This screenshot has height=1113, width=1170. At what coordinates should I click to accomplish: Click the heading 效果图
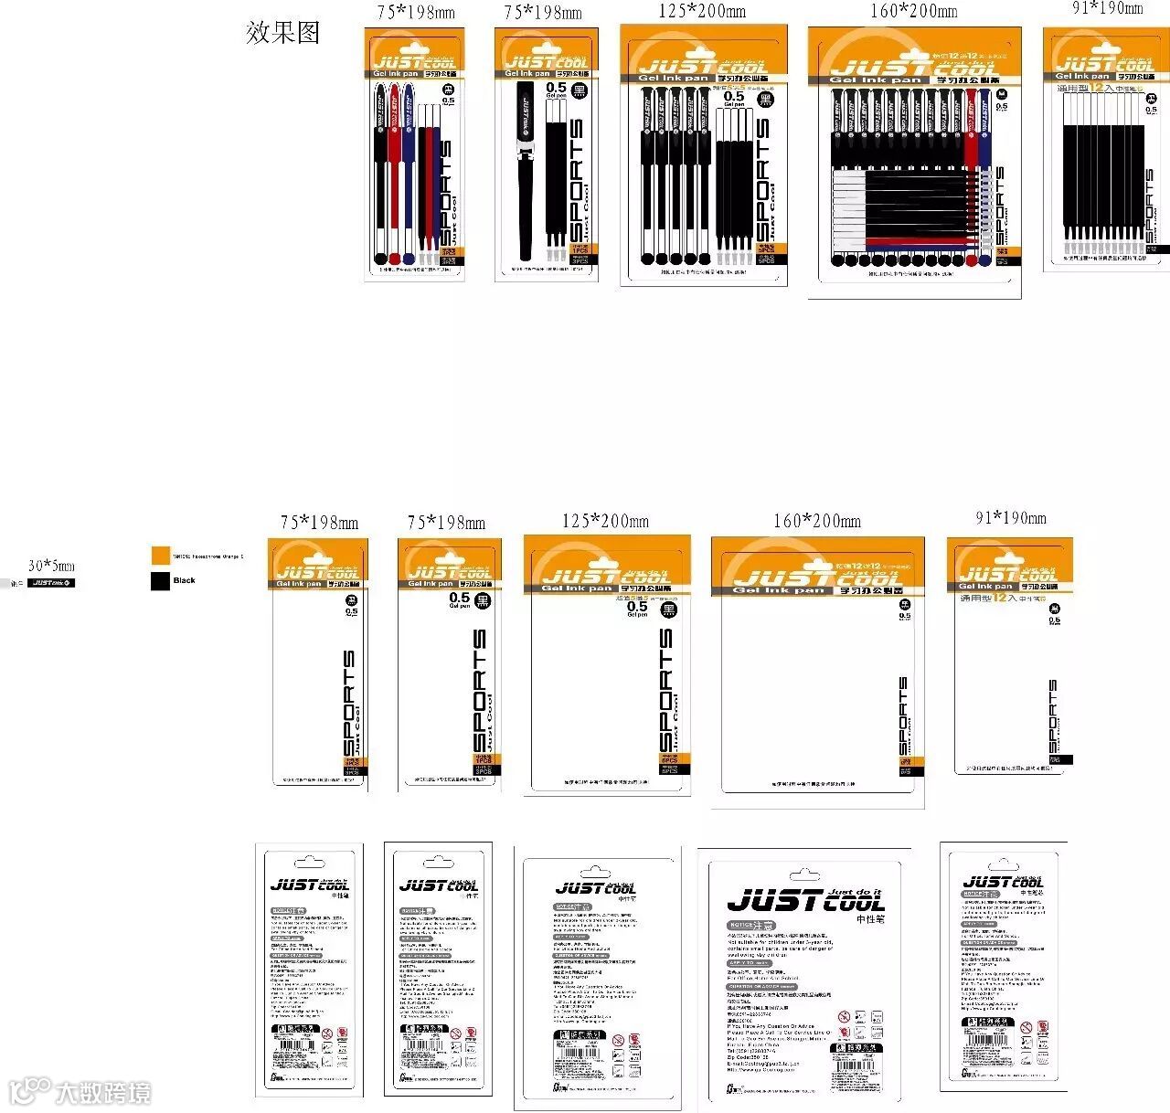pos(282,33)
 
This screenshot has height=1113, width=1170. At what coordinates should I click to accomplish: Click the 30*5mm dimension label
pos(51,567)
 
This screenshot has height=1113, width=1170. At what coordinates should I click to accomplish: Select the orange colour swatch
pos(161,556)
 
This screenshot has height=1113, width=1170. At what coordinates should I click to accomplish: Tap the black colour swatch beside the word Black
pos(161,580)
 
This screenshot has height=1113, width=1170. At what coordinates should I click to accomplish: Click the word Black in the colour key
pos(185,580)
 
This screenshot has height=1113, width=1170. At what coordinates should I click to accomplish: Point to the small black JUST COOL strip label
pos(51,583)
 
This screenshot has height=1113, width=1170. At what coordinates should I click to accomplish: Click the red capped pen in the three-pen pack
pos(394,174)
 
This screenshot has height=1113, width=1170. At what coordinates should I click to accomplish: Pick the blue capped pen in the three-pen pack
pos(408,174)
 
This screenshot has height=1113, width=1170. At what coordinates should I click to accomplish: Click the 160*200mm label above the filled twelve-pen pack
pos(913,12)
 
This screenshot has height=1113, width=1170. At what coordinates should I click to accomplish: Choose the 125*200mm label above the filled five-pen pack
pos(702,12)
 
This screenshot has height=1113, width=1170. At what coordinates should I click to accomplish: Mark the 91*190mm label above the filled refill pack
pos(1107,8)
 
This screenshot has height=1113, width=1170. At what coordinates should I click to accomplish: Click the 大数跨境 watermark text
pos(102,1093)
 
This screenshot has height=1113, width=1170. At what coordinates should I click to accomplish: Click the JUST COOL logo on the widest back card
pos(805,900)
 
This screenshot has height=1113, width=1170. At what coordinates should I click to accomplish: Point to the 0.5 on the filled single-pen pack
pos(556,88)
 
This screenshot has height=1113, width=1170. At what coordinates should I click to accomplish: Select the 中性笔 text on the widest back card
pos(870,918)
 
